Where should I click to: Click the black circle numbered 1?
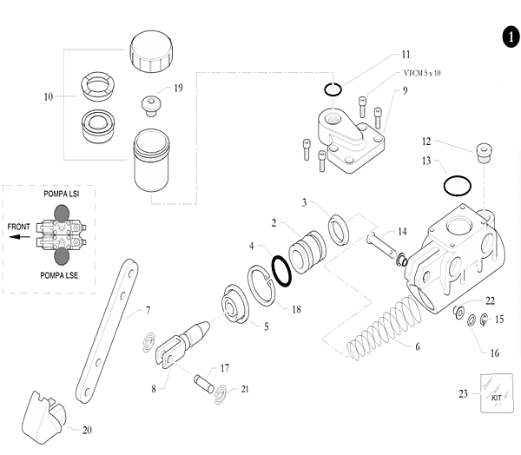point(511,36)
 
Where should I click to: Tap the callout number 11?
point(406,55)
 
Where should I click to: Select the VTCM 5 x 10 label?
point(422,73)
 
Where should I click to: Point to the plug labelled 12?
point(485,153)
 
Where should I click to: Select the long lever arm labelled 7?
point(107,331)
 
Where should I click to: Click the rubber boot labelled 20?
point(43,418)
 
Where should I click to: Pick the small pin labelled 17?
point(204,384)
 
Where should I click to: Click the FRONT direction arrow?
point(19,237)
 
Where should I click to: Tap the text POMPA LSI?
point(62,194)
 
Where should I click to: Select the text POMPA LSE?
point(59,275)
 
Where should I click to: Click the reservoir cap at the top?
point(151,51)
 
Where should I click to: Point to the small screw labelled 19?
point(151,106)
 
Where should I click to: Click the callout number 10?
point(49,96)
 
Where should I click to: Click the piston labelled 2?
point(307,252)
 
